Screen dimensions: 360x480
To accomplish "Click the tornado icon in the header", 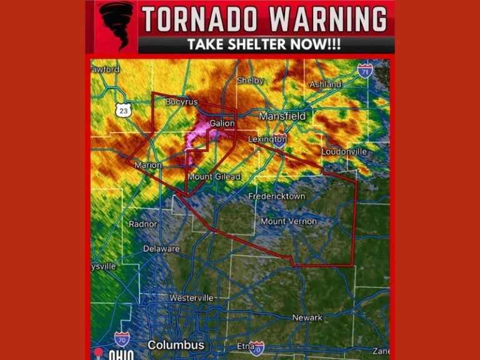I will pos(117,26).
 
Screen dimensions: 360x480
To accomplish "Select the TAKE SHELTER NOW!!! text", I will pos(264,46).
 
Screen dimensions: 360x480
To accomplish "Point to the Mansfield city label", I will pos(282,116).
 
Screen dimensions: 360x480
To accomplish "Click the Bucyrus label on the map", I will pos(181,101).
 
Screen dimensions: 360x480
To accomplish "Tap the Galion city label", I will pos(222,124).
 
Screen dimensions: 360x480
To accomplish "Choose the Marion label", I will pos(147,166).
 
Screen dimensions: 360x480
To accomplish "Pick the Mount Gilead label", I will pos(214,177).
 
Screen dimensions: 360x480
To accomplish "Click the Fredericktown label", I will pos(277,196).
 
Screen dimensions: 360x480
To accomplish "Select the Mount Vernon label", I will pos(289,221).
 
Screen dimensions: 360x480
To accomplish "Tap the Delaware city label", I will pos(161,249).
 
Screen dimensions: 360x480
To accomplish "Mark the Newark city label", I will pos(307,318).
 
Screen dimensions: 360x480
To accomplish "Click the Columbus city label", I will pos(176,346).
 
